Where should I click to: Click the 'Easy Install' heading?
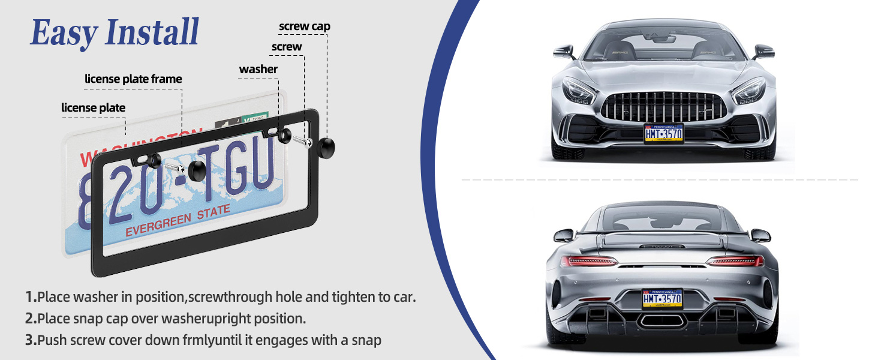[115, 33]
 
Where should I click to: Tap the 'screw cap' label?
[304, 26]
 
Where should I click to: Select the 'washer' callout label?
[258, 70]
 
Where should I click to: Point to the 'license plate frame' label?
[133, 79]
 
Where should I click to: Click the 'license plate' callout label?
[93, 108]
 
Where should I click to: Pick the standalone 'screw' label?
[287, 47]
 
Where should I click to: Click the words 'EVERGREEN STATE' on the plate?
[178, 220]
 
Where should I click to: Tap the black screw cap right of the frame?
[326, 147]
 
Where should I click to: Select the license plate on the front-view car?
[663, 133]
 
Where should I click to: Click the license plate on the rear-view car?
[662, 298]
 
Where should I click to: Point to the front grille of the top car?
[663, 107]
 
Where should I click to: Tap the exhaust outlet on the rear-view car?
[662, 320]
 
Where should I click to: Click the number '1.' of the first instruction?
[31, 297]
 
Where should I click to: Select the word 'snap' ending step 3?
[365, 340]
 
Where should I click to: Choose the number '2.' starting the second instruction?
[31, 319]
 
